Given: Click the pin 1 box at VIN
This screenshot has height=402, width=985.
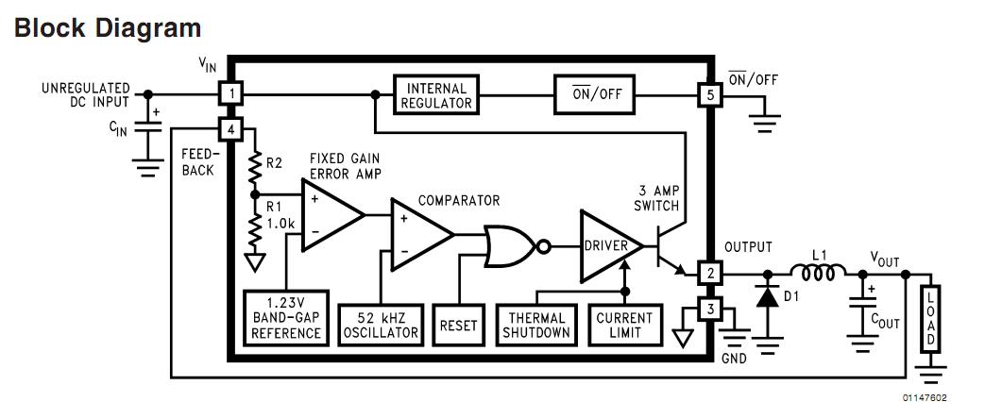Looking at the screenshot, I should tap(230, 94).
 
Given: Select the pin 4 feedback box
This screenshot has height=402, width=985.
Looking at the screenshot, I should tap(230, 128).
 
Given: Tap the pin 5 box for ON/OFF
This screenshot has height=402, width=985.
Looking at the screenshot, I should tap(708, 94).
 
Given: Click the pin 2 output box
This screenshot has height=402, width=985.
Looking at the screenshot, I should tap(708, 275).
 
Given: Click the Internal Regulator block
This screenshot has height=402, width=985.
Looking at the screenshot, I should tap(436, 94).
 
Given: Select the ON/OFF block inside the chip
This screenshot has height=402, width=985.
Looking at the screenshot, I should tap(594, 94).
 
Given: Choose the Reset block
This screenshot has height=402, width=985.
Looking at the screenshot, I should tap(459, 326).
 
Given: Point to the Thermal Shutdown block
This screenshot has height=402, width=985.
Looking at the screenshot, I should tap(536, 325).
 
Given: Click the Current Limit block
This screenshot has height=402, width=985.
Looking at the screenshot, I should tap(624, 325).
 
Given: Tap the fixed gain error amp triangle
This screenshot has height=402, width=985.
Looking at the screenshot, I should tap(331, 216).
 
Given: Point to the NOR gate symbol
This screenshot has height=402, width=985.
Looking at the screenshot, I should tap(509, 247).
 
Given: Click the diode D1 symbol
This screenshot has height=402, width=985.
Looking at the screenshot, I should tap(765, 294).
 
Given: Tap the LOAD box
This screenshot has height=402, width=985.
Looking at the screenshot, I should tap(930, 317).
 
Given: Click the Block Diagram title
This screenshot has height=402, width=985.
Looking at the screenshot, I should tap(109, 28).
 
